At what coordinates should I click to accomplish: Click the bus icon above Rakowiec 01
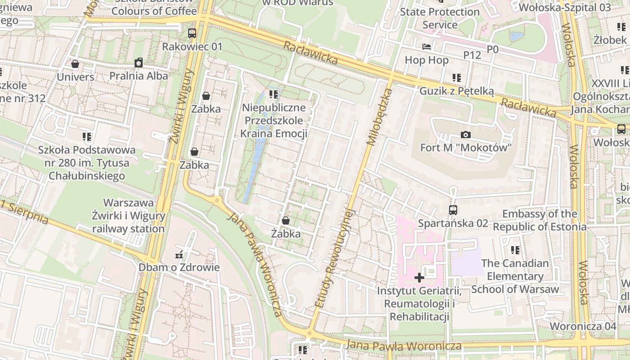pyautogui.click(x=192, y=33)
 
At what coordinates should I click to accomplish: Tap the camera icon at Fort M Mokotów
pyautogui.click(x=466, y=135)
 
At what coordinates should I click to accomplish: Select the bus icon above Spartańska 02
pyautogui.click(x=453, y=210)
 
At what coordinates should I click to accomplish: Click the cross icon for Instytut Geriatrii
pyautogui.click(x=419, y=277)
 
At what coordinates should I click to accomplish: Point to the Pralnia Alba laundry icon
pyautogui.click(x=139, y=63)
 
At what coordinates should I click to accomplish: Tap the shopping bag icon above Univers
pyautogui.click(x=75, y=64)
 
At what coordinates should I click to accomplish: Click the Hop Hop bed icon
pyautogui.click(x=426, y=47)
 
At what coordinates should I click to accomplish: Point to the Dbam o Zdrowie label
pyautogui.click(x=179, y=267)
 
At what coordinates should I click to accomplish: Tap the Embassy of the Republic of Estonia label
pyautogui.click(x=540, y=220)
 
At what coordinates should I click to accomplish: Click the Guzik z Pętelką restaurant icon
pyautogui.click(x=457, y=78)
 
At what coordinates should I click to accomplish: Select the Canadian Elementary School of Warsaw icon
pyautogui.click(x=515, y=250)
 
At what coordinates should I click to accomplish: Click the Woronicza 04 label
pyautogui.click(x=583, y=326)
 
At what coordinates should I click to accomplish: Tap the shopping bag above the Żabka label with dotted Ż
pyautogui.click(x=285, y=220)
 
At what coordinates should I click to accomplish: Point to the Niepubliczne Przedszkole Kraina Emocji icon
pyautogui.click(x=274, y=94)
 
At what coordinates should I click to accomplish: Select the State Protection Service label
pyautogui.click(x=440, y=18)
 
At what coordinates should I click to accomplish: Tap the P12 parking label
pyautogui.click(x=472, y=55)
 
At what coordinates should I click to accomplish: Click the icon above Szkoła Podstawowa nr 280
pyautogui.click(x=87, y=136)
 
